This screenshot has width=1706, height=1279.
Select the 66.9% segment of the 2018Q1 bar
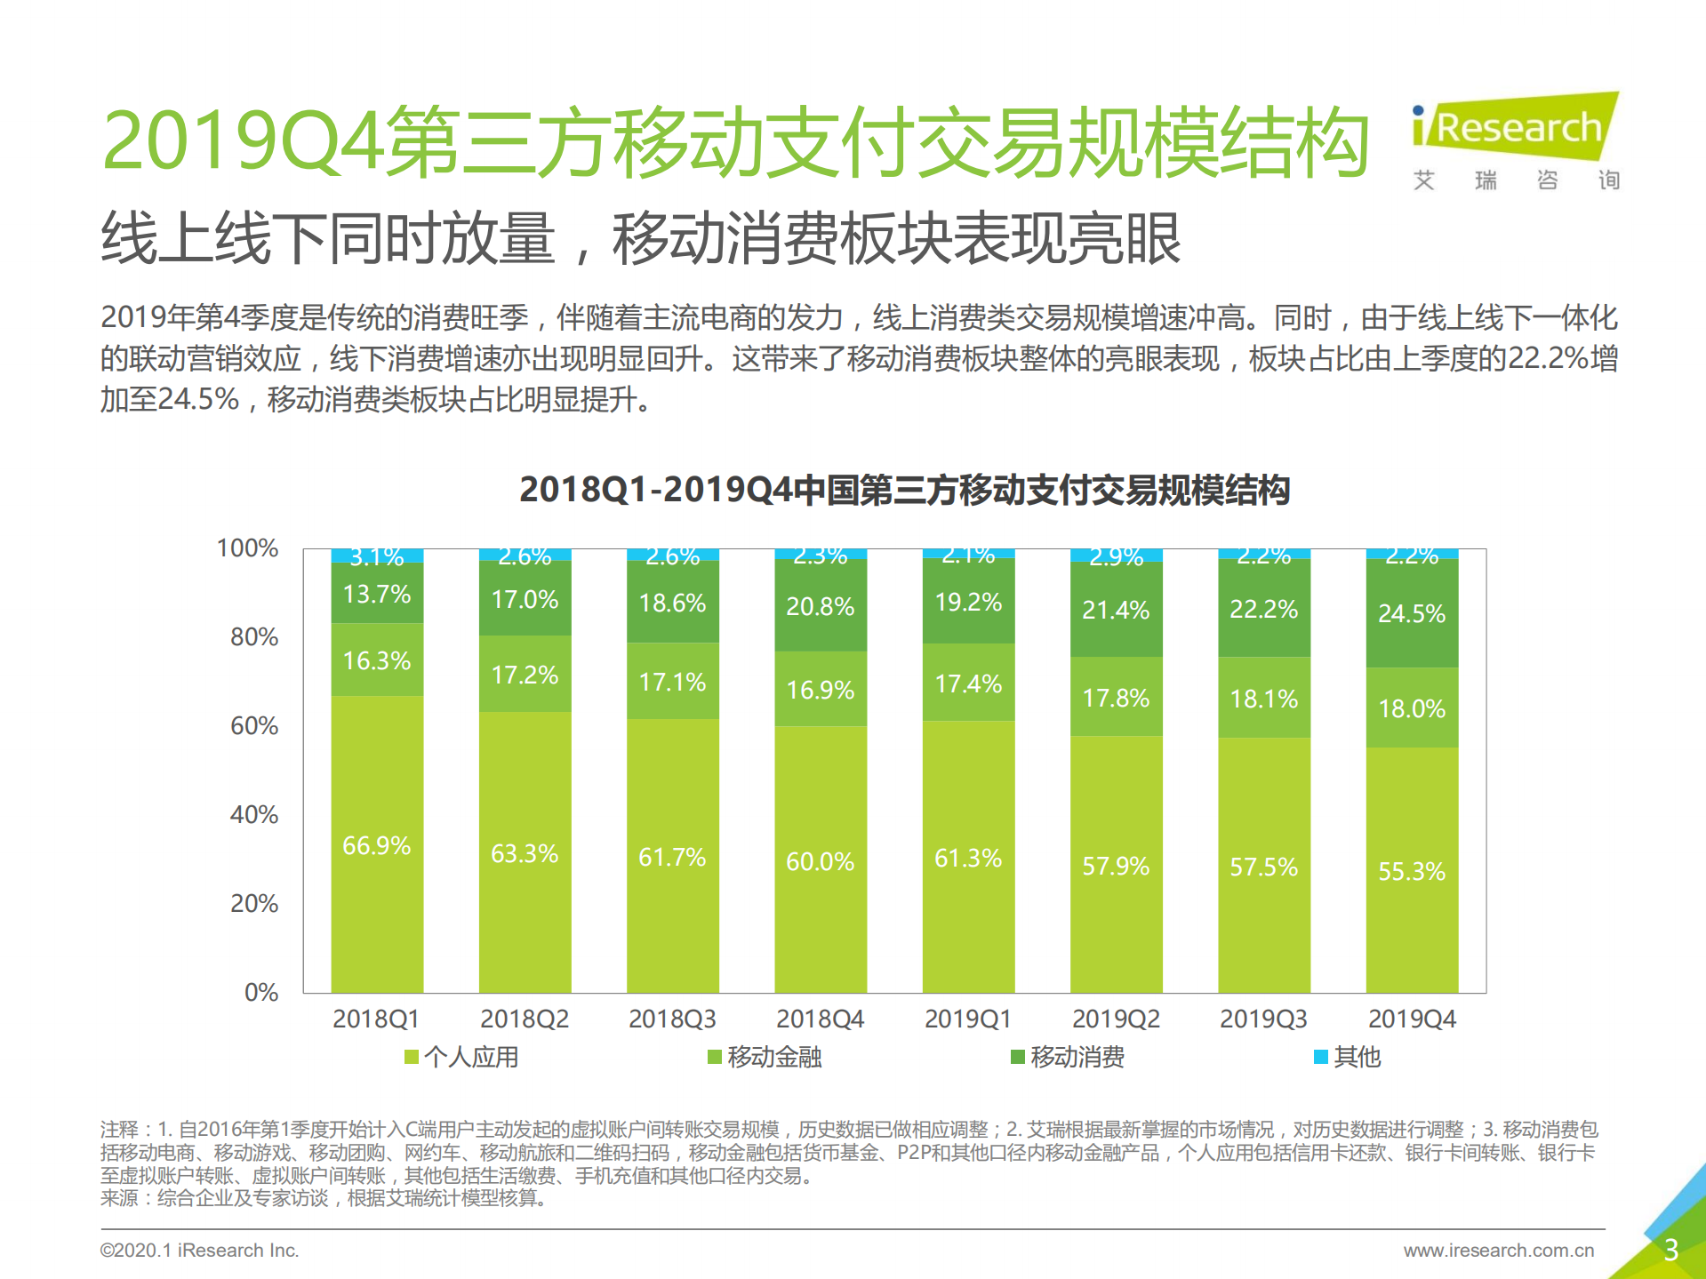pos(377,844)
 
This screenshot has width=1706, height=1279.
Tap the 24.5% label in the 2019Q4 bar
pos(1411,613)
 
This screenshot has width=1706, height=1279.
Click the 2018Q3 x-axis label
pos(672,1019)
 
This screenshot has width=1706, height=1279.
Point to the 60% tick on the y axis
pos(254,726)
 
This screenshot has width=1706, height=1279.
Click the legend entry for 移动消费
pos(1068,1057)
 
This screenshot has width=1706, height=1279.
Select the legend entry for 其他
pos(1348,1057)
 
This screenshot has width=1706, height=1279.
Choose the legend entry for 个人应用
pos(461,1057)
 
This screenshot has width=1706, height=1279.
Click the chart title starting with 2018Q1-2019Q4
pos(904,490)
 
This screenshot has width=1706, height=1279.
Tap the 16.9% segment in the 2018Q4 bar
pos(820,690)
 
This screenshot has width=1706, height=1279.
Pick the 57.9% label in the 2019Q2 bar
pos(1116,866)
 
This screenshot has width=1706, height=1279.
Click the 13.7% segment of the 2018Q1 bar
pos(377,594)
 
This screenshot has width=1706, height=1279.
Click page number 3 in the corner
pos(1670,1250)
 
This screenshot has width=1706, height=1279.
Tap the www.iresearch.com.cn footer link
pos(1499,1250)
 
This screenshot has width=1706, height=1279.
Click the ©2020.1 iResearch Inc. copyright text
pos(199,1250)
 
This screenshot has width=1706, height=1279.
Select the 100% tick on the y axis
pos(248,548)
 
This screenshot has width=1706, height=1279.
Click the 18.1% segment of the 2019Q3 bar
pos(1263,699)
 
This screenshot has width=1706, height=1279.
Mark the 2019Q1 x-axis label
pos(967,1019)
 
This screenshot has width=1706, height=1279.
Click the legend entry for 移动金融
pos(765,1057)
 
